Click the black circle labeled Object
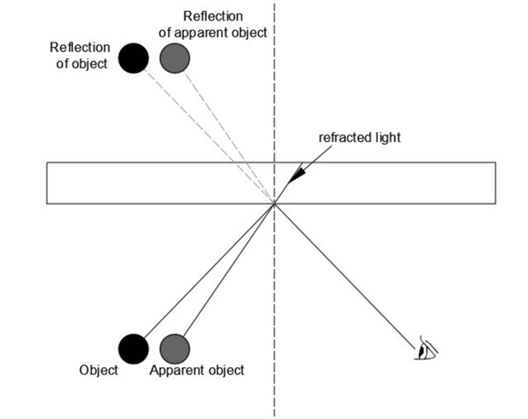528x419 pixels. [x=133, y=348]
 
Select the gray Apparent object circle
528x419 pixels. [x=175, y=348]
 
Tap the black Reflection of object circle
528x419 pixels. [x=133, y=58]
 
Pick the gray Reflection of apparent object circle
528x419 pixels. [x=175, y=58]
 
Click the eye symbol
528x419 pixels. [x=427, y=349]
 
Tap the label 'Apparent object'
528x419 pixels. [x=197, y=370]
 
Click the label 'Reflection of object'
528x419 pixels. [x=79, y=55]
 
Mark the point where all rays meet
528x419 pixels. [x=274, y=204]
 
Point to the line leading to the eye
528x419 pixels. [x=349, y=277]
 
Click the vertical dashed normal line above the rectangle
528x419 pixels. [x=274, y=85]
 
